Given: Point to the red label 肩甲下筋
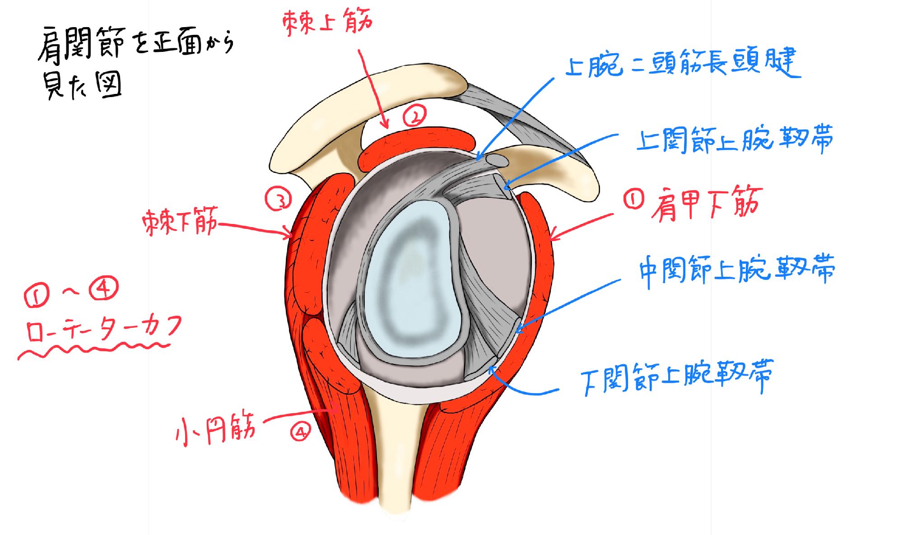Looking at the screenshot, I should point(707,203).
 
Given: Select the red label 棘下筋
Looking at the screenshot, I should point(180,221).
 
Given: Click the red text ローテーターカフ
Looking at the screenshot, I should point(104,327).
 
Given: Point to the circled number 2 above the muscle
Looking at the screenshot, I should point(414,115).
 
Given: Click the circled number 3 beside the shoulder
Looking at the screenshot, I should point(278,199).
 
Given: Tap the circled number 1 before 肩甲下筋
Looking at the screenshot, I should point(634,199).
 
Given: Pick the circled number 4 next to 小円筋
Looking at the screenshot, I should point(301,432).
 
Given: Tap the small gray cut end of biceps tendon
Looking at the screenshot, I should point(497,161).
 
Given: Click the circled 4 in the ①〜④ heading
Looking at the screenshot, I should point(103,288).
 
